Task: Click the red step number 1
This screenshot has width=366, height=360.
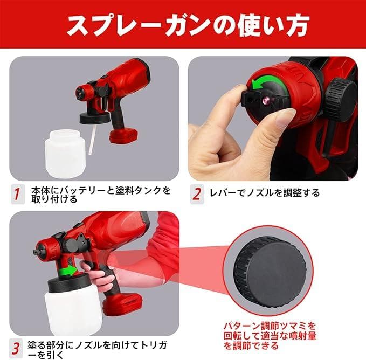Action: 17,194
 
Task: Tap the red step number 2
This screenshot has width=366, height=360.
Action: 197,194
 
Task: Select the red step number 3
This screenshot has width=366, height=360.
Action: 16,349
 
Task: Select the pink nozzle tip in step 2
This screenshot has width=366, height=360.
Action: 265,101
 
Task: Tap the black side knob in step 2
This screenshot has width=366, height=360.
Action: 341,100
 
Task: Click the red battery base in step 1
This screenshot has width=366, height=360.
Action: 124,136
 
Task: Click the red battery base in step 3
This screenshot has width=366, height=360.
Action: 122,303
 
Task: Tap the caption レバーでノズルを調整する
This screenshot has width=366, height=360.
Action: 265,193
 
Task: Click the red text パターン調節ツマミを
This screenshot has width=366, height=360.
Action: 270,326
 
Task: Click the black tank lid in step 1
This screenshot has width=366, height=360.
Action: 95,118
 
